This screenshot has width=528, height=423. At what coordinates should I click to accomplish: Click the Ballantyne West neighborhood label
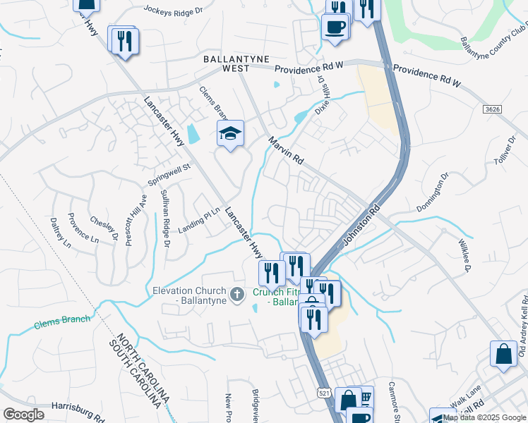click(x=227, y=63)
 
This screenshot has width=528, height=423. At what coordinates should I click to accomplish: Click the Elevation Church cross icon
click(x=238, y=293)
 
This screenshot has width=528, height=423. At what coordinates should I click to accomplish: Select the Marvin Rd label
click(x=285, y=151)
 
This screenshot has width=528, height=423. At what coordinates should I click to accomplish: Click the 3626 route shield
click(x=493, y=109)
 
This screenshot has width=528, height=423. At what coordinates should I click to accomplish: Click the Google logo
click(x=24, y=415)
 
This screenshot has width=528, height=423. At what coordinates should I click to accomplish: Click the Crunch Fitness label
click(x=276, y=297)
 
